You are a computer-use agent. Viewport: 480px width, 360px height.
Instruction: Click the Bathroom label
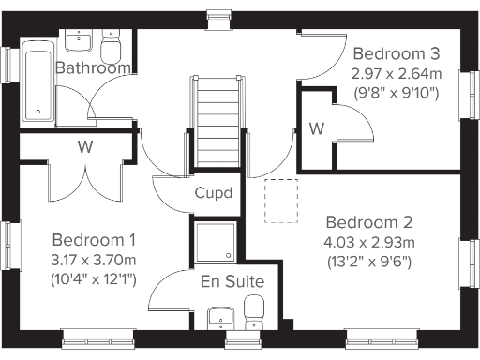pyautogui.click(x=91, y=68)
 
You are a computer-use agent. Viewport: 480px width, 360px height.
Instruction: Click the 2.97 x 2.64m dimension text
pyautogui.click(x=394, y=72)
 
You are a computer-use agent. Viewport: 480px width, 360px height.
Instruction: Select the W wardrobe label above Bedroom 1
pyautogui.click(x=84, y=146)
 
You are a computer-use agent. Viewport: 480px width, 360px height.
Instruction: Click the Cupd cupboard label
pyautogui.click(x=214, y=193)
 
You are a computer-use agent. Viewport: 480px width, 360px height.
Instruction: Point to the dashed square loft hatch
pyautogui.click(x=281, y=201)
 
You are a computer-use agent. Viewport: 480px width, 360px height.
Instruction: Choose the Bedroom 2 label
pyautogui.click(x=369, y=222)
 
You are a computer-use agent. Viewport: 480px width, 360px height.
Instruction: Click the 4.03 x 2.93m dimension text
pyautogui.click(x=369, y=242)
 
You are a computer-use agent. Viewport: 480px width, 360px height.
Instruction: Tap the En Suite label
pyautogui.click(x=232, y=281)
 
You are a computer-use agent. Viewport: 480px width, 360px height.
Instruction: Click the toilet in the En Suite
pyautogui.click(x=254, y=308)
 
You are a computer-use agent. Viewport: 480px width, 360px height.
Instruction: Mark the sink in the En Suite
pyautogui.click(x=217, y=316)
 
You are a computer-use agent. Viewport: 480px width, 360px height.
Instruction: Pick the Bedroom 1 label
pyautogui.click(x=94, y=239)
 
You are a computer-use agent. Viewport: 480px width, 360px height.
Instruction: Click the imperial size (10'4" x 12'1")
pyautogui.click(x=94, y=278)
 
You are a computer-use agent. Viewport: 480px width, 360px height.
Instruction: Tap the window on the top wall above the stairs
pyautogui.click(x=218, y=12)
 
